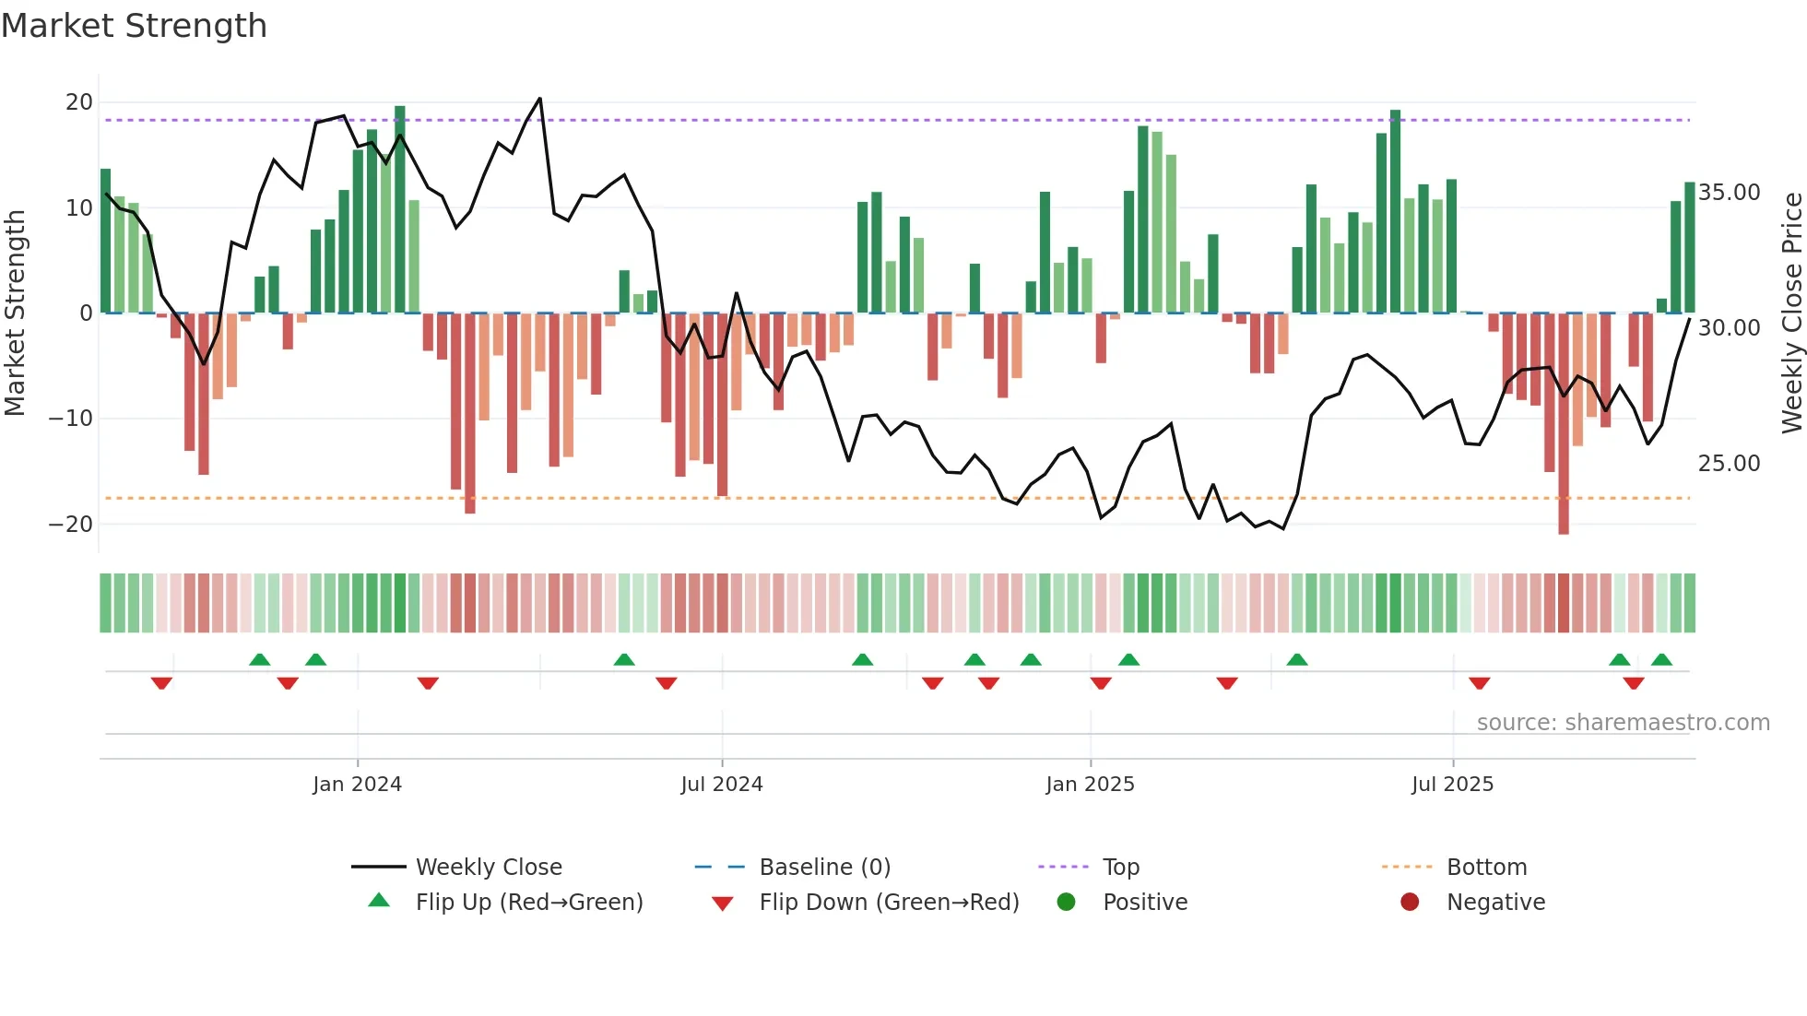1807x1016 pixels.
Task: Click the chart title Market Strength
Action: pos(134,26)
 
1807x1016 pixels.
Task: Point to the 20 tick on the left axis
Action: pos(79,102)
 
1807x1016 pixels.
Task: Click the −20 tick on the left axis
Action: pos(71,524)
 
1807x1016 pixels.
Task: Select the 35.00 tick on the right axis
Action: pos(1729,193)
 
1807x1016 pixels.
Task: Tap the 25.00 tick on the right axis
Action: pos(1729,463)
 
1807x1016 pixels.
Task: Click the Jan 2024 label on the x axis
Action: pos(357,785)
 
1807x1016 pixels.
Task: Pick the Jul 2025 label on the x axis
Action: pos(1452,785)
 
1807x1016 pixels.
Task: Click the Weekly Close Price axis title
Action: pos(1791,313)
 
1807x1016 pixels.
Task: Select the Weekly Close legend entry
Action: pos(488,868)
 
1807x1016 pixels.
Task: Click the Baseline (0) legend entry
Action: pos(824,868)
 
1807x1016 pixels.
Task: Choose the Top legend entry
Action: pos(1120,868)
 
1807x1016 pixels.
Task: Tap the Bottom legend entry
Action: pos(1486,868)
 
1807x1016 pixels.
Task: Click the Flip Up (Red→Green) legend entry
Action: pos(528,903)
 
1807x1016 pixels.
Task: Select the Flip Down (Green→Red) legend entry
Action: pos(888,903)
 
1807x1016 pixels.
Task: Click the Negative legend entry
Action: pos(1494,903)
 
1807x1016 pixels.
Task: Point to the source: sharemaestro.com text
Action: pos(1623,723)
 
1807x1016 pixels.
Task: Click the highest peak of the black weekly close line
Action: pos(540,99)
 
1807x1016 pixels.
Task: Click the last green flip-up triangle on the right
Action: pos(1661,660)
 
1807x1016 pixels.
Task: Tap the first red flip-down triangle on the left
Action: pos(161,683)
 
